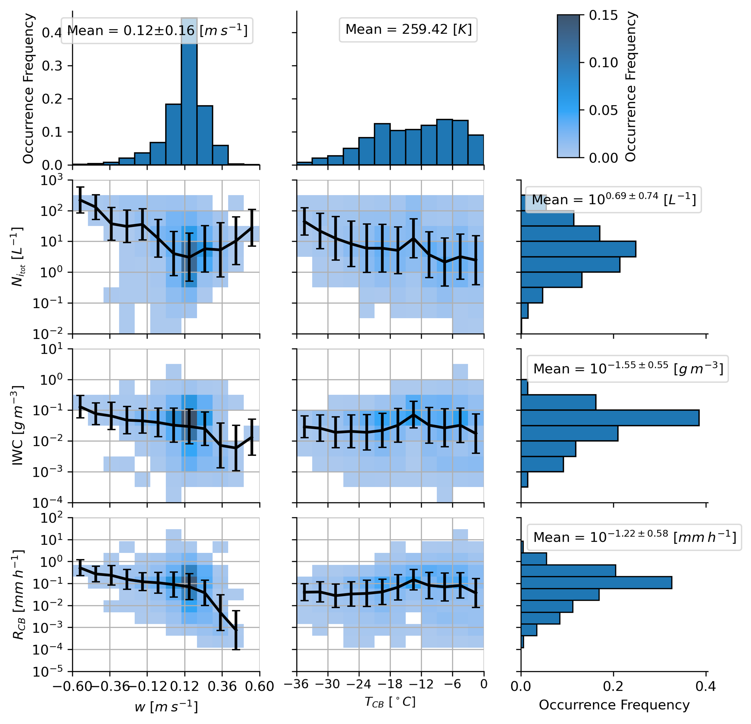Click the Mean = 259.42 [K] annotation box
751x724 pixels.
408,30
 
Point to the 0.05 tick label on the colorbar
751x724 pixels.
603,110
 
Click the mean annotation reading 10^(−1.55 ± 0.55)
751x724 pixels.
628,369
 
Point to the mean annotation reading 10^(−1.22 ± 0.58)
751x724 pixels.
634,537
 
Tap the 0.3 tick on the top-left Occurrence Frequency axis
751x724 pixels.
52,66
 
